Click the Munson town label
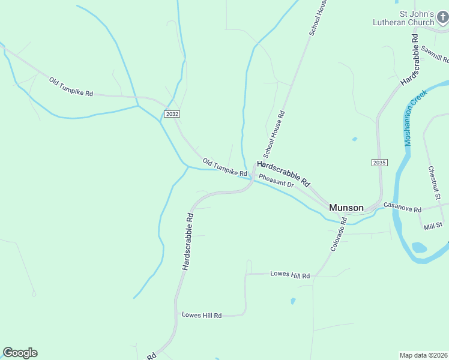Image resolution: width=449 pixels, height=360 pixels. [x=346, y=208]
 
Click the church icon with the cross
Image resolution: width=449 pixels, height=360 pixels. [x=442, y=18]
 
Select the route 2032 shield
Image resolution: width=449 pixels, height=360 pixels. [x=172, y=113]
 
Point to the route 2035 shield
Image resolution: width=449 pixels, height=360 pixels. [x=379, y=163]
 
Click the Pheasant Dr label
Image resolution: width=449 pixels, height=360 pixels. [x=276, y=181]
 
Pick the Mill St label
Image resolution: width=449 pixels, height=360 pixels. [x=432, y=226]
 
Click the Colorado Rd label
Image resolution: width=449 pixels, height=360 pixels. [x=338, y=234]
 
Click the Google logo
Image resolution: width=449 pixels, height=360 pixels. [x=20, y=353]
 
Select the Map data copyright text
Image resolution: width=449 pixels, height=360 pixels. [x=423, y=355]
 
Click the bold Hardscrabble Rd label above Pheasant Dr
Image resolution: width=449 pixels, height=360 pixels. [x=283, y=173]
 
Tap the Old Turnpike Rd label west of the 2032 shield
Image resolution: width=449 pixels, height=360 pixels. [x=71, y=87]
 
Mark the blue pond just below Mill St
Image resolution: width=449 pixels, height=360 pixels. [x=419, y=247]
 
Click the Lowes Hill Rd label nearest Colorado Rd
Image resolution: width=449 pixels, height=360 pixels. [x=289, y=275]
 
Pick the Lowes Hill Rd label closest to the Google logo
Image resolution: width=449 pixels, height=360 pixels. [x=202, y=315]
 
